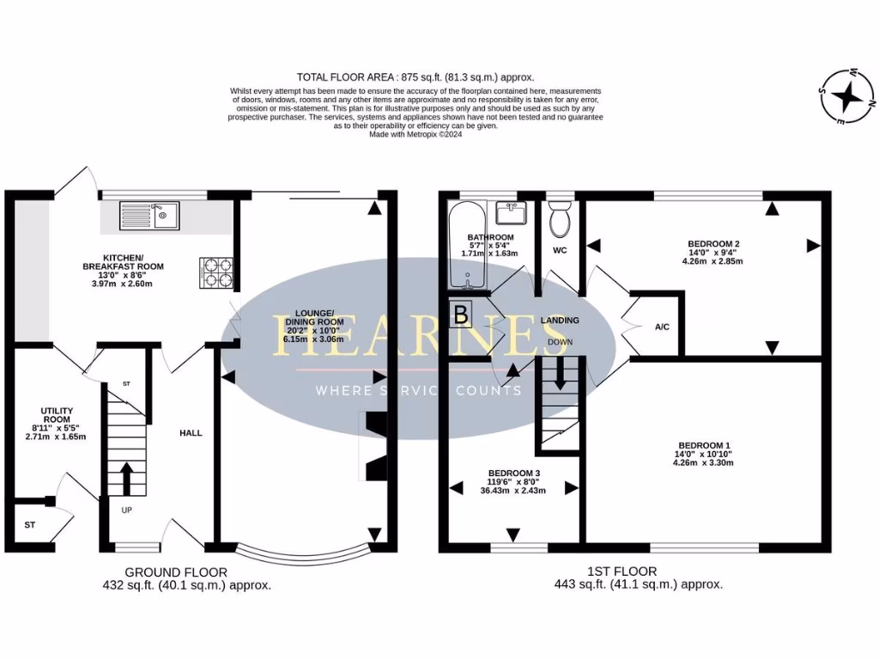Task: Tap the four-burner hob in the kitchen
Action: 217,272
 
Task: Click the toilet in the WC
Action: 559,219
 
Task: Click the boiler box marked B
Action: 461,315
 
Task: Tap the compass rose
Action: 846,95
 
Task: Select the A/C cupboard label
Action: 662,327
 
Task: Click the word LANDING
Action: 560,321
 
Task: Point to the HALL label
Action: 191,433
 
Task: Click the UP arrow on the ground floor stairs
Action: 127,478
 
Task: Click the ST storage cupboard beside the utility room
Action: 31,523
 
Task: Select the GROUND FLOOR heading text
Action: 176,571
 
